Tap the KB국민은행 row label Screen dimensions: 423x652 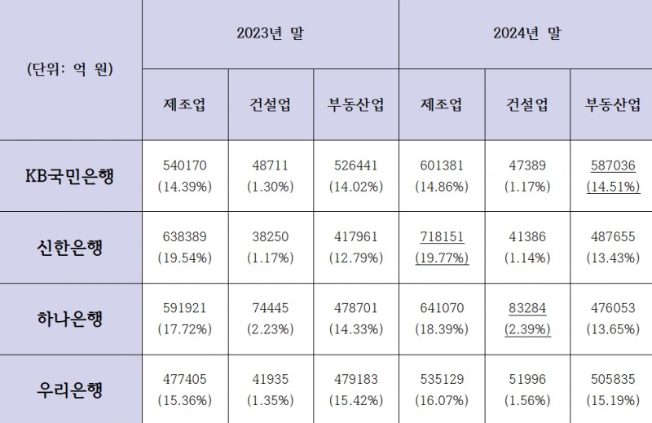tap(70, 176)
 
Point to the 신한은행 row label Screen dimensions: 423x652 tap(70, 248)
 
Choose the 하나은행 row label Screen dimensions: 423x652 tap(70, 319)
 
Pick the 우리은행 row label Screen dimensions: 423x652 tap(70, 390)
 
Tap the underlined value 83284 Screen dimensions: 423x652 tap(528, 309)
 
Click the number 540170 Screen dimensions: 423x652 tap(185, 166)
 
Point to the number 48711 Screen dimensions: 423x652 tap(271, 166)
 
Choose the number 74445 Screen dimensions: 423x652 tap(271, 309)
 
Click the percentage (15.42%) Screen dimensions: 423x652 tap(356, 400)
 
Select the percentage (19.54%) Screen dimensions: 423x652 tap(185, 258)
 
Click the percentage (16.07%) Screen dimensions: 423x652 tap(442, 400)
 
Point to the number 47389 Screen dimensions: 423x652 tap(528, 166)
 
